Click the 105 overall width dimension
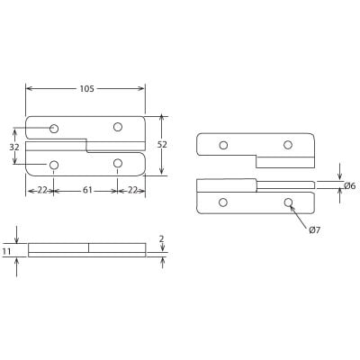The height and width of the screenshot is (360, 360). click(86, 88)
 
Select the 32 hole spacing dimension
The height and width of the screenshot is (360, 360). click(13, 147)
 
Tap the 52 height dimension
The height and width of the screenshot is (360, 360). click(162, 145)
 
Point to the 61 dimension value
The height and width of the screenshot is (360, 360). click(86, 190)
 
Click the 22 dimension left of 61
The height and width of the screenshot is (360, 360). click(41, 190)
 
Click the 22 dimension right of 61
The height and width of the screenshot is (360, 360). click(131, 190)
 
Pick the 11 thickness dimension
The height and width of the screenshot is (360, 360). click(7, 251)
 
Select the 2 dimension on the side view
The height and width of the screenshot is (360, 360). click(161, 239)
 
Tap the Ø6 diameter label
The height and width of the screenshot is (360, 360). click(349, 185)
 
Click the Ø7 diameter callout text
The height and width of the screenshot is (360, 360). click(314, 230)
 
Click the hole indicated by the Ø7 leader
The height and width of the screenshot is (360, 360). click(288, 202)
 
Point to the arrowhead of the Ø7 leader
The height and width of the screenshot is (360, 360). click(292, 207)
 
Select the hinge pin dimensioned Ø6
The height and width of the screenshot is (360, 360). click(285, 184)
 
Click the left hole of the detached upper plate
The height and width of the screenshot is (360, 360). click(223, 145)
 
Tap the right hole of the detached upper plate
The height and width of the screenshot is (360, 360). click(288, 145)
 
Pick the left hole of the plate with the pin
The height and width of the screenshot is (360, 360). click(223, 202)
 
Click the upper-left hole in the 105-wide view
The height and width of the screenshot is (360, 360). click(54, 129)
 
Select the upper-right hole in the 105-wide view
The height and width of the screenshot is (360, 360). click(118, 127)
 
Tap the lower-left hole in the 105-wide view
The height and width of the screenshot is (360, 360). click(54, 165)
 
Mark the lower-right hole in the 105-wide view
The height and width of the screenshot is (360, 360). click(118, 164)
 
